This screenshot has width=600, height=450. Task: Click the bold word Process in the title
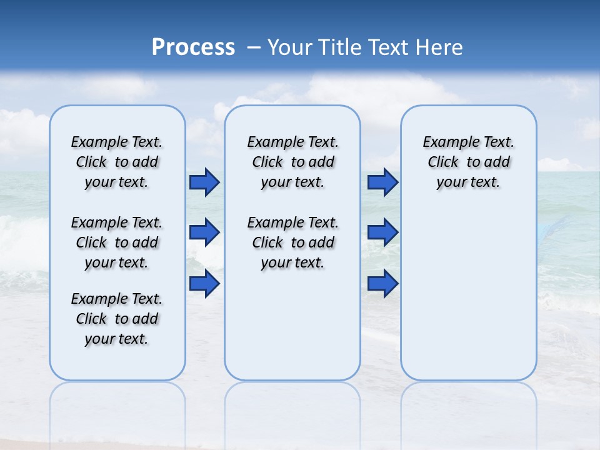(x=193, y=47)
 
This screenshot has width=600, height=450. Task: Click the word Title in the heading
(x=339, y=47)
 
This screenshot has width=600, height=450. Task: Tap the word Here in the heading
(x=440, y=47)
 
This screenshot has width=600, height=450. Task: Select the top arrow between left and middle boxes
(x=204, y=182)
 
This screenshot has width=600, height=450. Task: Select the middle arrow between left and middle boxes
(x=204, y=232)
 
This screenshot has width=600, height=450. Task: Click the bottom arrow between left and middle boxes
(x=204, y=284)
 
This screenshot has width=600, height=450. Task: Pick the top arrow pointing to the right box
(x=382, y=182)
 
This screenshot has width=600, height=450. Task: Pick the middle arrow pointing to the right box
(x=382, y=232)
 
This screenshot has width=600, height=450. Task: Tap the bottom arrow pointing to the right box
(x=382, y=284)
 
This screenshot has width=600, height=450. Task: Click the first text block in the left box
(x=117, y=162)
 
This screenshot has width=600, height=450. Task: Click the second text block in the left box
(x=117, y=242)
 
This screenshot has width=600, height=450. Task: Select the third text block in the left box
(x=117, y=319)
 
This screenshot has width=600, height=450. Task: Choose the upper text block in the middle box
(x=292, y=162)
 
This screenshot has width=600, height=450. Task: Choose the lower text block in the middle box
(x=292, y=242)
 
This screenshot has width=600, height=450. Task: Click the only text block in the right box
(x=468, y=162)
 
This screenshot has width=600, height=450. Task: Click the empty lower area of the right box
(x=468, y=294)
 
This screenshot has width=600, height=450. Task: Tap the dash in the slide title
(x=254, y=47)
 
